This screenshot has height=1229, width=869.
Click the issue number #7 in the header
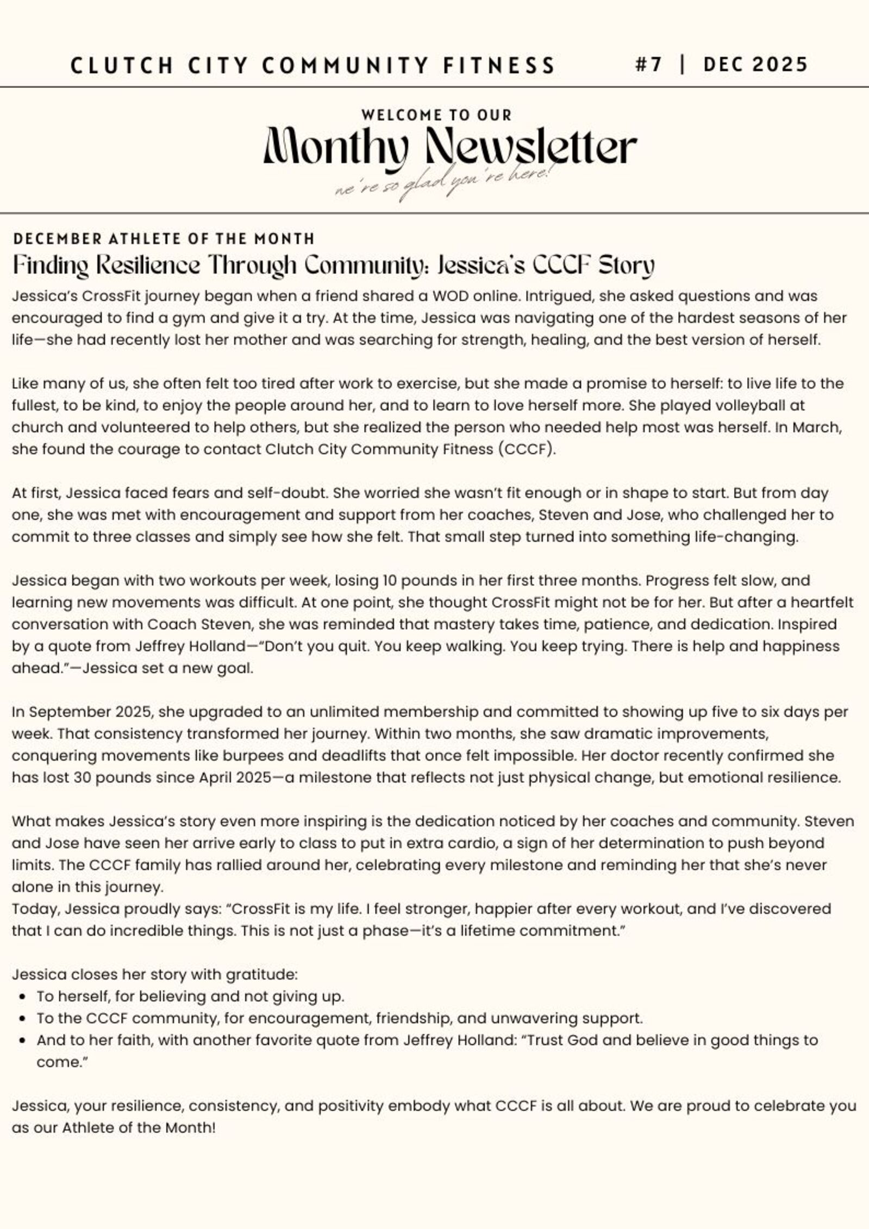648,65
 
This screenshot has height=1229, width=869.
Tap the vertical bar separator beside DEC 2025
682,65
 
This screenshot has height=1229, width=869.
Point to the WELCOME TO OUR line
436,115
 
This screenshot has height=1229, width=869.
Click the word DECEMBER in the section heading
57,239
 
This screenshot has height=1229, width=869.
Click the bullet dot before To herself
22,996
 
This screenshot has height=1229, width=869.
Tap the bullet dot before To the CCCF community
22,1018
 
